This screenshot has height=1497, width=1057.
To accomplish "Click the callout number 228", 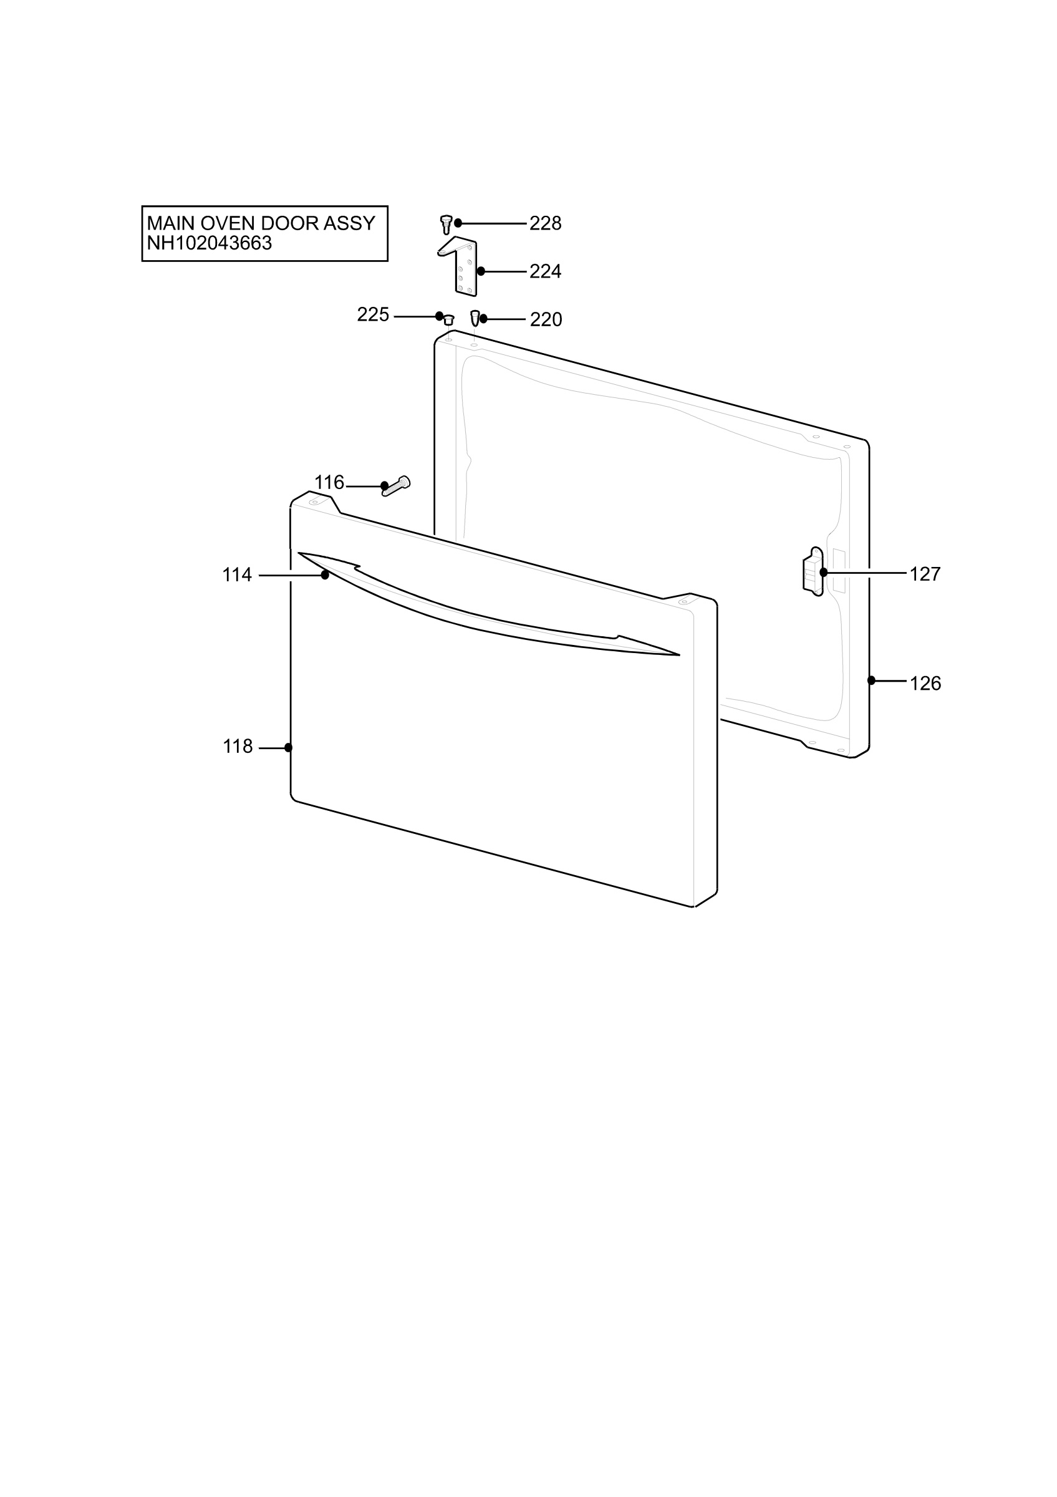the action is [545, 224].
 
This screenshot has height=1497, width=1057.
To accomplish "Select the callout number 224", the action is [545, 271].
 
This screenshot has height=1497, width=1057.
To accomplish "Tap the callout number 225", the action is [373, 315].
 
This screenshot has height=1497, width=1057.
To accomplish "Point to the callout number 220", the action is [546, 319].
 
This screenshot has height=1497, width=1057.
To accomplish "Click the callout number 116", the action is [329, 483].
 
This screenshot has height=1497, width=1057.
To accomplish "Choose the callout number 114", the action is [236, 575].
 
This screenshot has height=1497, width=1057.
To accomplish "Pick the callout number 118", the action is [237, 747].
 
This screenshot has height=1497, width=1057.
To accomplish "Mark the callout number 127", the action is [925, 574].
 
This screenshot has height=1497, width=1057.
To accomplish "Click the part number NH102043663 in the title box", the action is [209, 243].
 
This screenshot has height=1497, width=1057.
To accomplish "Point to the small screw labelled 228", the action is [446, 225].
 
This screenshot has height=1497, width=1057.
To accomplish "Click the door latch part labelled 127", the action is [813, 571].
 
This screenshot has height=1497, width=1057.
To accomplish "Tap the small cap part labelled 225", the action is [448, 319].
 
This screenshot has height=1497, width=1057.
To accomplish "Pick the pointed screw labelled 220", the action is [475, 319].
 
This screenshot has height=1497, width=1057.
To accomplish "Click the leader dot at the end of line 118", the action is [288, 748].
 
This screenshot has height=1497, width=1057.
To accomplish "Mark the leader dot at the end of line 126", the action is [871, 681].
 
